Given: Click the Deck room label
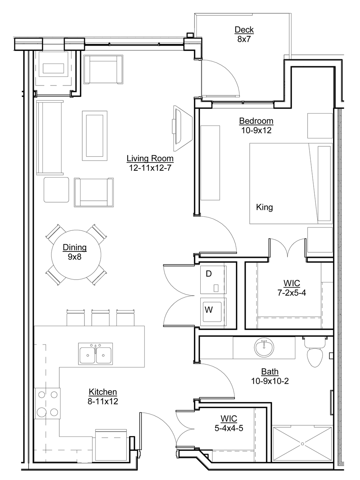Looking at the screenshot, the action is (x=244, y=30).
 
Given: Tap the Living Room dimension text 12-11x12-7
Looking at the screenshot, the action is (x=150, y=168).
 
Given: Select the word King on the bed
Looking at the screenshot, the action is (x=264, y=207).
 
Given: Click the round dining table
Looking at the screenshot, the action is (x=76, y=254).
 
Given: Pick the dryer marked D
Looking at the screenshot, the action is (x=213, y=280).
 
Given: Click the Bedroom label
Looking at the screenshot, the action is (x=256, y=121).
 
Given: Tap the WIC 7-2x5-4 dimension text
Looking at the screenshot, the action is (x=292, y=292).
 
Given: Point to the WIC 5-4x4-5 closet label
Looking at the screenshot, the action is (x=229, y=424).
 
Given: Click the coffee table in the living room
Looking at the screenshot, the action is (x=95, y=135).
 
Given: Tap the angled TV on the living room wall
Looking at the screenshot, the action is (x=182, y=128).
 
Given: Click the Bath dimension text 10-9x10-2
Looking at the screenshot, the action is (x=270, y=381).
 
